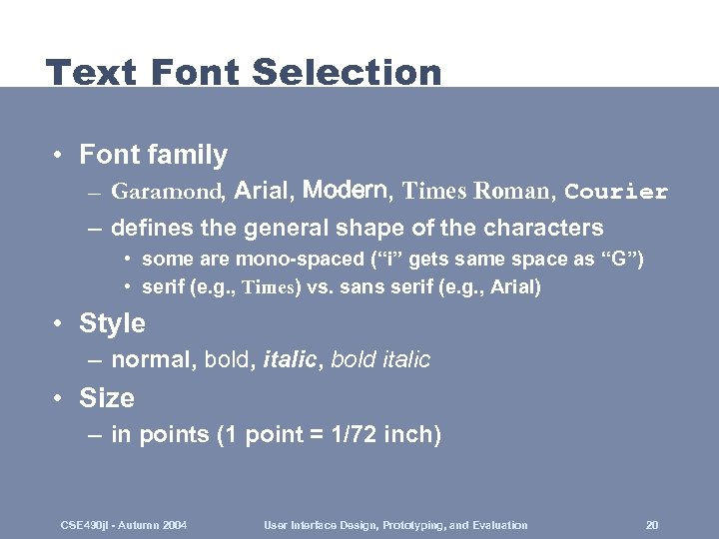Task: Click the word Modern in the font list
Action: (350, 190)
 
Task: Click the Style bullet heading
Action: (112, 323)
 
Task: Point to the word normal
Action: (153, 359)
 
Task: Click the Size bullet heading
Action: (106, 398)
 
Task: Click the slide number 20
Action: (651, 525)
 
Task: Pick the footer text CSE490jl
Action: (84, 525)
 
